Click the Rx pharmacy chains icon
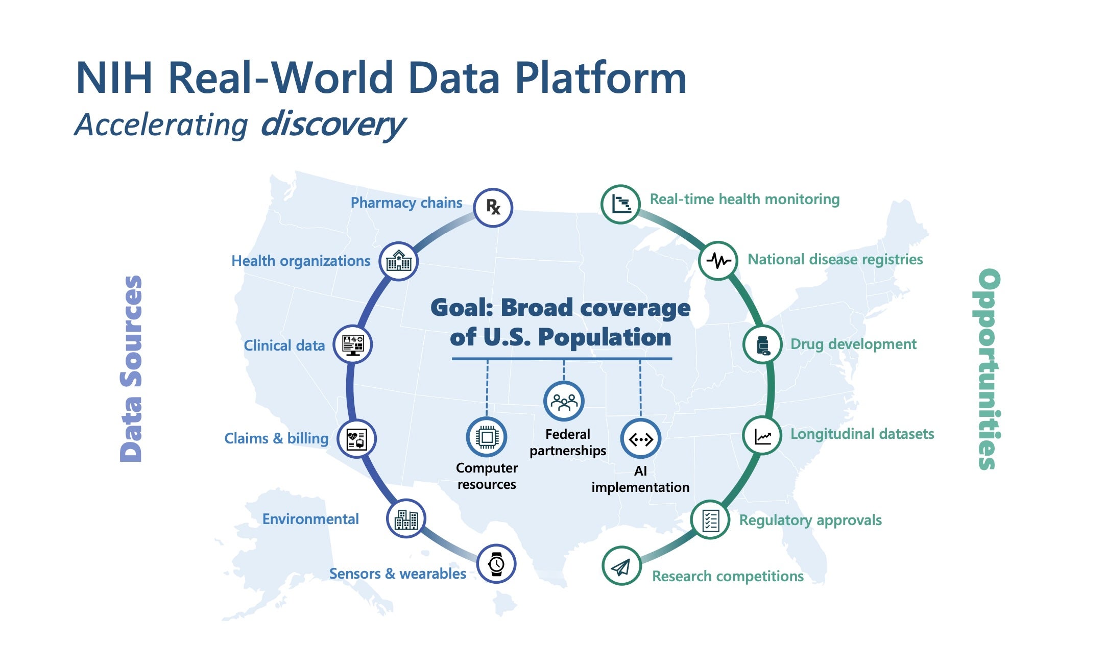click(493, 207)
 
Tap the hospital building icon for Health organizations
click(398, 261)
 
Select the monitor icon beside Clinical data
click(353, 344)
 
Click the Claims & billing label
click(276, 438)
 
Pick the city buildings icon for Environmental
click(406, 519)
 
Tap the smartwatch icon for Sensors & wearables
click(496, 564)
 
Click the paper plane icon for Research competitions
click(621, 566)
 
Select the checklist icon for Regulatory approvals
click(710, 520)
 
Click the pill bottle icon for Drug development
click(762, 345)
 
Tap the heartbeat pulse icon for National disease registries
click(718, 261)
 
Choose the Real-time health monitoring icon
click(620, 204)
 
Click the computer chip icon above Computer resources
click(487, 437)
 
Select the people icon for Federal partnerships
click(564, 402)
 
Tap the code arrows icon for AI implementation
click(640, 439)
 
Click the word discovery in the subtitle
click(333, 124)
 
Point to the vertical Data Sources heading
click(131, 368)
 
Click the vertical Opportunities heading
click(988, 368)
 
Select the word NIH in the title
click(114, 78)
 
